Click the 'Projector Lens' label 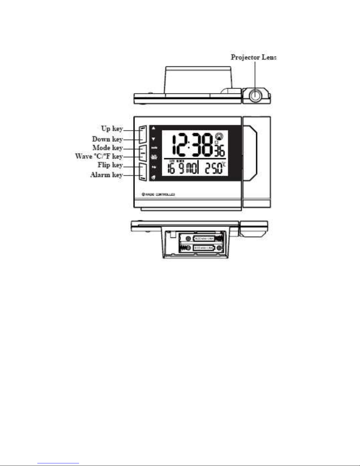(253, 57)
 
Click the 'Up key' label (112, 129)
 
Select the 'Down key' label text (107, 139)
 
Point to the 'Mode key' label (107, 148)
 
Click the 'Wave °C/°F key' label (99, 156)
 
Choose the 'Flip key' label (110, 165)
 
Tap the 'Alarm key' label (106, 175)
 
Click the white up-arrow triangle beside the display (153, 128)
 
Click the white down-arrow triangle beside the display (153, 139)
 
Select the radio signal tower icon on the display (219, 136)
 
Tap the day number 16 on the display (171, 169)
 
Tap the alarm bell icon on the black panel (153, 178)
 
